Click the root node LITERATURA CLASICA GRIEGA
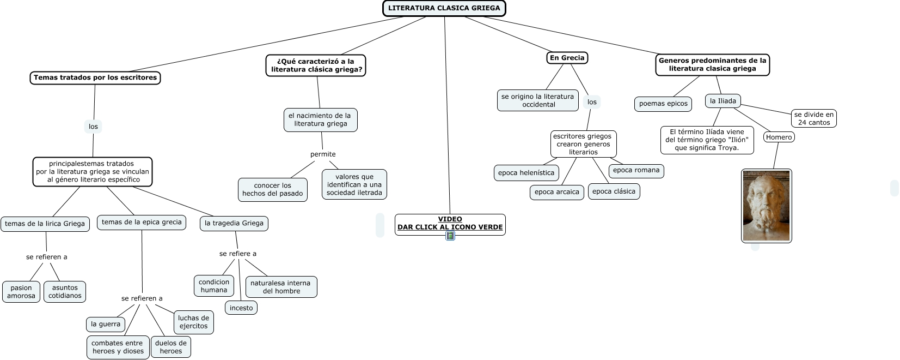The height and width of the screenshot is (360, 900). (444, 8)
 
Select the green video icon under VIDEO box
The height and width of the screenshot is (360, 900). (450, 236)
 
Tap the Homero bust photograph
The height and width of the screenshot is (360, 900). (766, 206)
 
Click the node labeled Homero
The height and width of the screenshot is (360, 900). (779, 137)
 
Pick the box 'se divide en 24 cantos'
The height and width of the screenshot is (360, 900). (813, 118)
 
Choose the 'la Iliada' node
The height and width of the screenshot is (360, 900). (723, 101)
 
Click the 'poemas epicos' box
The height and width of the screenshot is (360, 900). (663, 104)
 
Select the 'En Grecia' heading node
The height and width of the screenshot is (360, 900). (567, 58)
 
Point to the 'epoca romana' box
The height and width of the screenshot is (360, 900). (636, 170)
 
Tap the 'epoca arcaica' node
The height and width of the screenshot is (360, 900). (556, 192)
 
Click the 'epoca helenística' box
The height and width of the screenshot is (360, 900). (526, 173)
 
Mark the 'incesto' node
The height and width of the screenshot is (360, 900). (241, 308)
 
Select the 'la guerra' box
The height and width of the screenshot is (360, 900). (105, 324)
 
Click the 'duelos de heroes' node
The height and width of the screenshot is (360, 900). (171, 347)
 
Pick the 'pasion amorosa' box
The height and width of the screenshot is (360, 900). (21, 292)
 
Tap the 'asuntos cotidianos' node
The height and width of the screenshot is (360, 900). (65, 292)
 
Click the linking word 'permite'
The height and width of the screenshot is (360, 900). (323, 154)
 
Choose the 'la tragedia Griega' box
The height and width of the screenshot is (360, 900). (234, 224)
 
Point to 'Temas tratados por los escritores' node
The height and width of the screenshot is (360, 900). (95, 77)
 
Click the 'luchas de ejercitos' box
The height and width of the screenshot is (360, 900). (193, 322)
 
